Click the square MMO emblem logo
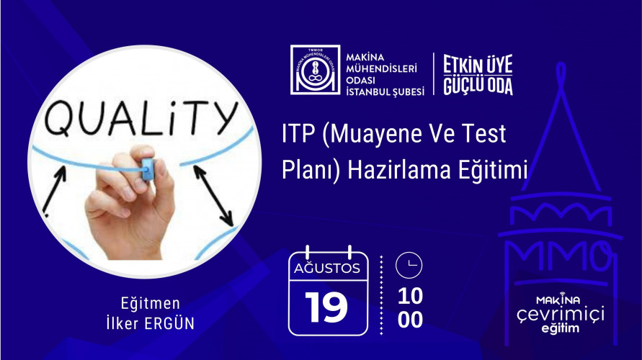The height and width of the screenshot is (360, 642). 316,70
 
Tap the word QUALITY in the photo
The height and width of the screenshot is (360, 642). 141,117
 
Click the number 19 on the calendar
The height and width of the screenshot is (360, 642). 326,307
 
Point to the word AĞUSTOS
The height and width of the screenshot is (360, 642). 326,269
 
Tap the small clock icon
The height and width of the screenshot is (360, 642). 409,265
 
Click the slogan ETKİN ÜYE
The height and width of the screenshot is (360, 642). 478,64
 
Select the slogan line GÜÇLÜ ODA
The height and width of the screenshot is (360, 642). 478,85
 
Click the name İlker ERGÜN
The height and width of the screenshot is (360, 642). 151,323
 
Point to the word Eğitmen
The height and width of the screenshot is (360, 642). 151,304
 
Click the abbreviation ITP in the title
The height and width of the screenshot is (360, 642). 298,134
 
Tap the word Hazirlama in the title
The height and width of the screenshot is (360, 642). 398,170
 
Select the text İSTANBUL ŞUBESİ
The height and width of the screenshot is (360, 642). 385,91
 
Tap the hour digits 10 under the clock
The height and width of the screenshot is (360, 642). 410,296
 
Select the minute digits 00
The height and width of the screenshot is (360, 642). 410,320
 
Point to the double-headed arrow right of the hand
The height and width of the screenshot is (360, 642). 213,195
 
